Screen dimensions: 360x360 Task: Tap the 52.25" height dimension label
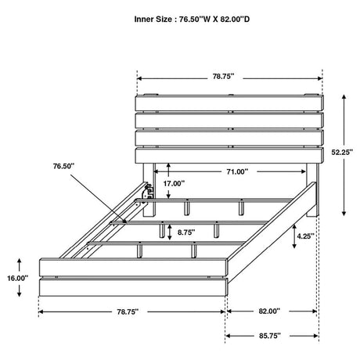pyautogui.click(x=342, y=152)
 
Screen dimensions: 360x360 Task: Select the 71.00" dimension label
pyautogui.click(x=237, y=171)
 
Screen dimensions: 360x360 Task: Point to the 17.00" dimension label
pyautogui.click(x=174, y=184)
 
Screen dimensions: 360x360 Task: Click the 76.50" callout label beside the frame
pyautogui.click(x=63, y=166)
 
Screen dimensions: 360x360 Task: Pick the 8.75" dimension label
pyautogui.click(x=186, y=232)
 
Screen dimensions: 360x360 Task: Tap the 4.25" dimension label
pyautogui.click(x=305, y=236)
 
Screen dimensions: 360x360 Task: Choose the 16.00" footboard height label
pyautogui.click(x=17, y=278)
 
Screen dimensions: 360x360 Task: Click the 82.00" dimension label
pyautogui.click(x=269, y=311)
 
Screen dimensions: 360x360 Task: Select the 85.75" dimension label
pyautogui.click(x=270, y=336)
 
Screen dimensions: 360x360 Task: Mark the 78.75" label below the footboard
pyautogui.click(x=128, y=311)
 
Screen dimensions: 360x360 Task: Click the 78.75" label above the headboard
pyautogui.click(x=223, y=77)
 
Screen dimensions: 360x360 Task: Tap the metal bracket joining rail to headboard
pyautogui.click(x=147, y=192)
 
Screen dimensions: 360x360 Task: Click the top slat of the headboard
pyautogui.click(x=229, y=103)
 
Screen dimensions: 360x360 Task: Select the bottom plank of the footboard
pyautogui.click(x=134, y=287)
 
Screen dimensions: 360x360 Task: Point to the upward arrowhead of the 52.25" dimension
pyautogui.click(x=344, y=97)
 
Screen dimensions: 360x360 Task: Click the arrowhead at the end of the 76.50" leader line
pyautogui.click(x=124, y=221)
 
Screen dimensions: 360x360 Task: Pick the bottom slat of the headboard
pyautogui.click(x=229, y=156)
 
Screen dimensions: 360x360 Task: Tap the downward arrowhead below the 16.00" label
pyautogui.click(x=19, y=293)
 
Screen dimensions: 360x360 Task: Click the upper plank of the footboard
pyautogui.click(x=134, y=267)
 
